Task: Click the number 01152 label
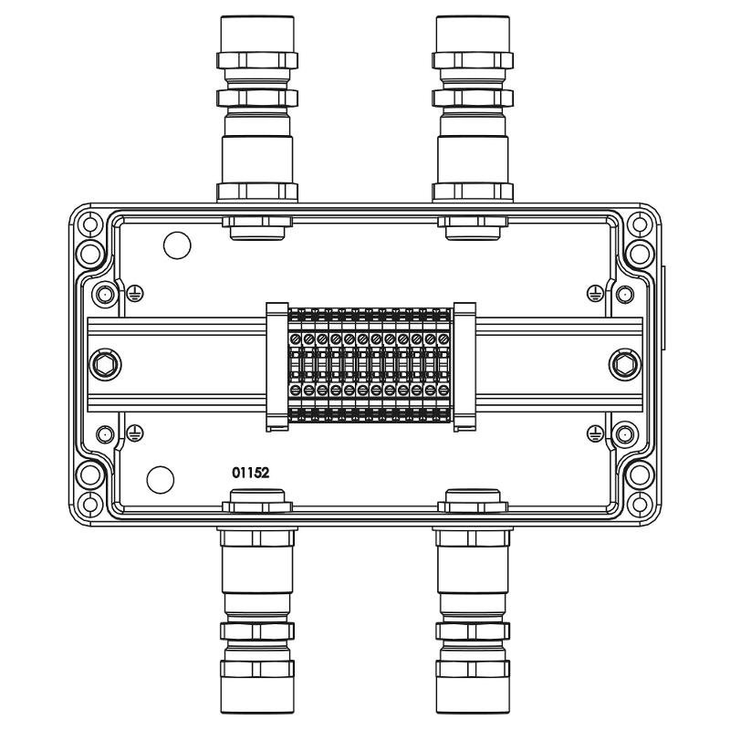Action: (250, 473)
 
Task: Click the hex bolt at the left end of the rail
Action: (104, 365)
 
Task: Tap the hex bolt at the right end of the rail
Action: (625, 365)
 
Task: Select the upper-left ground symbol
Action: (135, 293)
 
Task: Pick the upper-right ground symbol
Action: (596, 293)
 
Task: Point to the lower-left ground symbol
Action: (135, 433)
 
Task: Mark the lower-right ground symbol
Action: (596, 433)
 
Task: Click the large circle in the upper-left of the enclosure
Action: (177, 245)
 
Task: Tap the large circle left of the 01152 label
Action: (161, 480)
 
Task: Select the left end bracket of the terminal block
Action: (277, 367)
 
